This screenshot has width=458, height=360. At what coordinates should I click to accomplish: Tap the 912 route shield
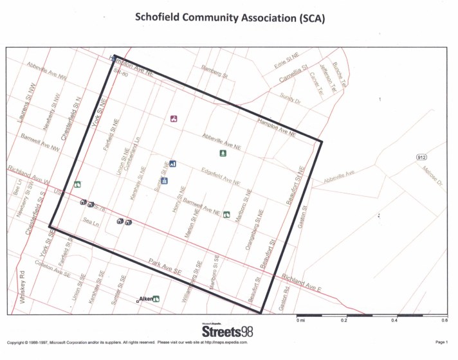pyautogui.click(x=421, y=157)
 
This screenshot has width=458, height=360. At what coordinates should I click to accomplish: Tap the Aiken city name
pyautogui.click(x=145, y=299)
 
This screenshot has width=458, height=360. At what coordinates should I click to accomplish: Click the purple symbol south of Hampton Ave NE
pyautogui.click(x=174, y=118)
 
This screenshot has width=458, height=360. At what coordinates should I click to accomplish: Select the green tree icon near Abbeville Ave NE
pyautogui.click(x=223, y=153)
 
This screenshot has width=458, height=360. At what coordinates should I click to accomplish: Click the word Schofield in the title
pyautogui.click(x=161, y=18)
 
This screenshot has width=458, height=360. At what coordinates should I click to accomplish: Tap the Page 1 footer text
pyautogui.click(x=441, y=342)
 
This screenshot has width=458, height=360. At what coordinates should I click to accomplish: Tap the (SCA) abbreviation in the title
pyautogui.click(x=308, y=18)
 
